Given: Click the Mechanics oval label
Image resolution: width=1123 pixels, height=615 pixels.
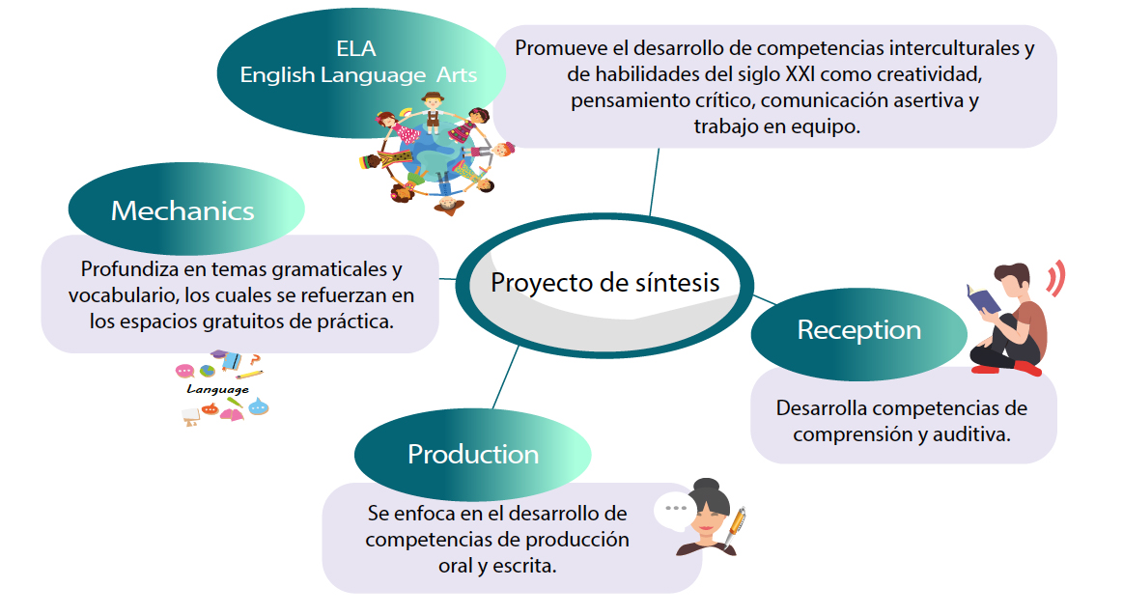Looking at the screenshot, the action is (186, 210).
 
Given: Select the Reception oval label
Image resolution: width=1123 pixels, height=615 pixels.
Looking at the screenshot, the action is (858, 331).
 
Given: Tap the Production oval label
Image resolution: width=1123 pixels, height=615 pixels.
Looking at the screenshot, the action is (473, 454).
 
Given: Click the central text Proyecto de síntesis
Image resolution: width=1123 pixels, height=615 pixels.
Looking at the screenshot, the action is (604, 283).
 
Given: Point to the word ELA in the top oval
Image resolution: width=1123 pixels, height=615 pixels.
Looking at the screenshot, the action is (356, 48).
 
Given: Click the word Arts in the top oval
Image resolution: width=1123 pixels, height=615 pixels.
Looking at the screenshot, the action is (456, 74).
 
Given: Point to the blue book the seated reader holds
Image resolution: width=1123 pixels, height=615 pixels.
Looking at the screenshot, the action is (983, 298).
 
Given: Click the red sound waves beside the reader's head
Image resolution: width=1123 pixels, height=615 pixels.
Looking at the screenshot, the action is (1055, 278).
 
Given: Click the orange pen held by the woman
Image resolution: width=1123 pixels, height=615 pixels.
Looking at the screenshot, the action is (736, 528).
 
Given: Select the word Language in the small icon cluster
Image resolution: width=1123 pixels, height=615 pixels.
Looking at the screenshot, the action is (217, 389).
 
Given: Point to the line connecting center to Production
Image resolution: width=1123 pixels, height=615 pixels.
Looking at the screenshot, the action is (506, 377).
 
